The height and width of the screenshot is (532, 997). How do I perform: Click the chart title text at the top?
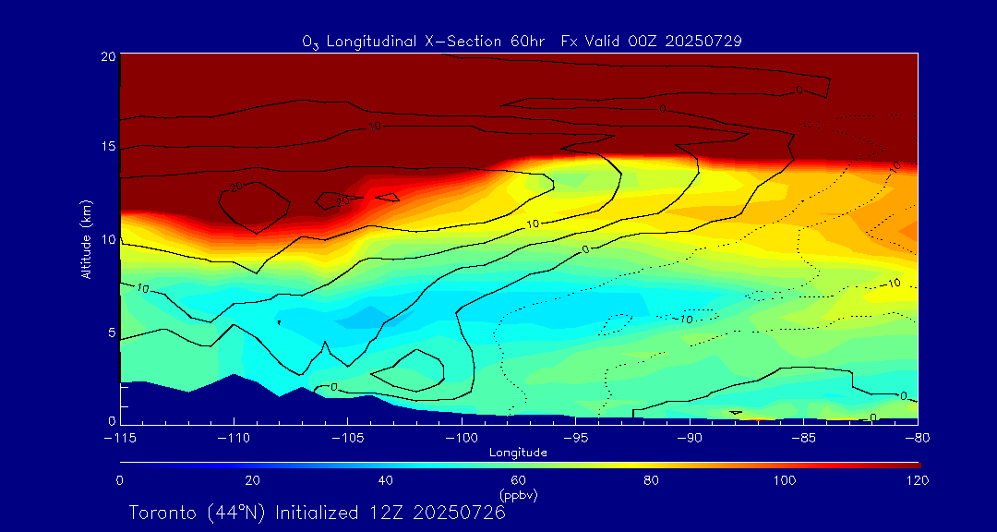pyautogui.click(x=522, y=42)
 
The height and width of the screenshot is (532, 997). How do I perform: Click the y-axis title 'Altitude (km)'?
pyautogui.click(x=86, y=239)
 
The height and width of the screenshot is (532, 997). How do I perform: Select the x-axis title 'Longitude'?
pyautogui.click(x=518, y=453)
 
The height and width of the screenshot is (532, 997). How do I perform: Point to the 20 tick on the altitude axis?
pyautogui.click(x=108, y=56)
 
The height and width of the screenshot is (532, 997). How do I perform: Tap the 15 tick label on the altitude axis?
pyautogui.click(x=108, y=148)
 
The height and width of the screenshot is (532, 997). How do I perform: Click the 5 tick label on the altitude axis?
pyautogui.click(x=111, y=332)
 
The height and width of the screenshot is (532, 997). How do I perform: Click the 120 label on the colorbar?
pyautogui.click(x=918, y=480)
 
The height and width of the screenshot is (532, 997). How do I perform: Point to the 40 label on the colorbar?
pyautogui.click(x=386, y=480)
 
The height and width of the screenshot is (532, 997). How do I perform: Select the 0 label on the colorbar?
pyautogui.click(x=120, y=480)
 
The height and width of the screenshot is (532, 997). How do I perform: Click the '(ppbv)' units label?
pyautogui.click(x=518, y=495)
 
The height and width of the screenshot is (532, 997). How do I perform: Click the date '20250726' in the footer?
pyautogui.click(x=459, y=513)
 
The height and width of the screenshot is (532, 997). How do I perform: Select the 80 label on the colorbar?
pyautogui.click(x=652, y=480)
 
